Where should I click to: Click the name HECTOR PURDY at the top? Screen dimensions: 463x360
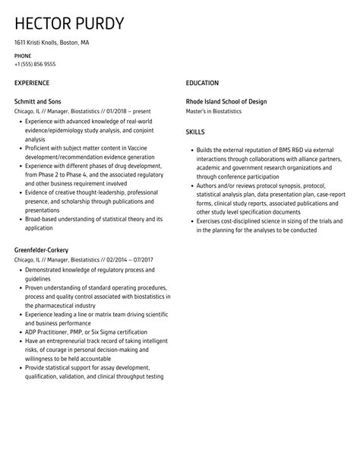[x=69, y=23]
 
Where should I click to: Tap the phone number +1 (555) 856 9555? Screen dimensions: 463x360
[x=34, y=65]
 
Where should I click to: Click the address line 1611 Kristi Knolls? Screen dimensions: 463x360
[x=51, y=43]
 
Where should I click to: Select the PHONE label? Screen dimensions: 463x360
[x=23, y=56]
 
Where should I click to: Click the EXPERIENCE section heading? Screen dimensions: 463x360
[x=32, y=83]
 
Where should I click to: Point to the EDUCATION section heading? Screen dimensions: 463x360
[x=202, y=83]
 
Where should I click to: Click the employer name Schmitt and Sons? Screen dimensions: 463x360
[x=38, y=102]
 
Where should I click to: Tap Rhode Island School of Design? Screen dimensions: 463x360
[x=226, y=102]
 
